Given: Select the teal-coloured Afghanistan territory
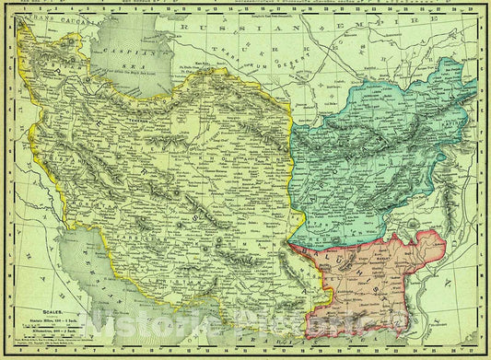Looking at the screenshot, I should coord(387,157).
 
